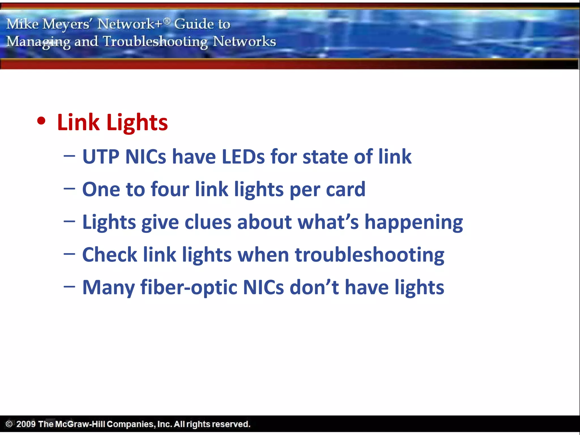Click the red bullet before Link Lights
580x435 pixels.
41,121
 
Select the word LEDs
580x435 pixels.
243,157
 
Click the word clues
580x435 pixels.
208,222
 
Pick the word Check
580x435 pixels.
110,255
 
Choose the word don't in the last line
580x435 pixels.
314,287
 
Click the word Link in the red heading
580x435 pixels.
78,122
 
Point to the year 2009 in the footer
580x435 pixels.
26,424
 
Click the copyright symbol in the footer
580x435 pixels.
9,424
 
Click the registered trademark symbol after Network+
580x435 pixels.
167,20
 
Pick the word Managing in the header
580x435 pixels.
39,42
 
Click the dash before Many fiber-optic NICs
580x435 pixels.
69,287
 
